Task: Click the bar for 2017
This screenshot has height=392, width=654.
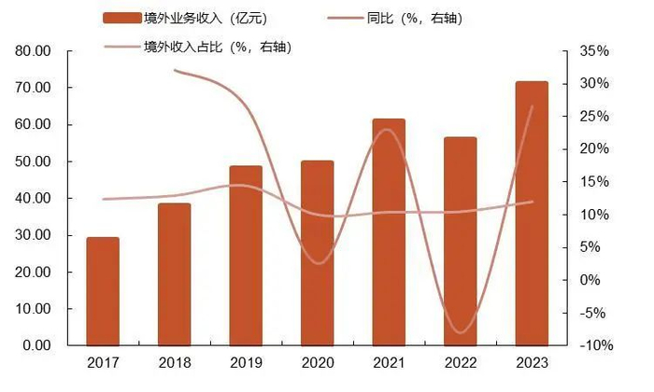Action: click(x=103, y=291)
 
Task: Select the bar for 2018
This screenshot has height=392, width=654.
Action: click(x=174, y=274)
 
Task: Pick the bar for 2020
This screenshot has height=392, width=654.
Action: click(x=317, y=253)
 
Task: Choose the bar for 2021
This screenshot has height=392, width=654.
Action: click(x=389, y=232)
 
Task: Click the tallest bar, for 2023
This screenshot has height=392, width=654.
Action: click(x=532, y=214)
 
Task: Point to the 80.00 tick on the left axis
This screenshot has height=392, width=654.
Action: click(x=34, y=51)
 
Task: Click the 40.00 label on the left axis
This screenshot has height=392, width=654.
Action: click(x=34, y=198)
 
